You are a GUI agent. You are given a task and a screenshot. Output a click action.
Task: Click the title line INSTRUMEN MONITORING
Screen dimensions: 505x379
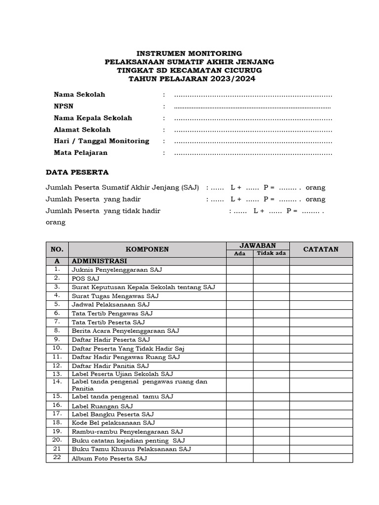click(x=189, y=53)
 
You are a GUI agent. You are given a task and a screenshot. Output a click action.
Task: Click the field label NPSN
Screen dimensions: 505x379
click(x=63, y=106)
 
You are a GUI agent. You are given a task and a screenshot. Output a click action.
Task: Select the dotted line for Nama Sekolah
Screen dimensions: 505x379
click(x=253, y=95)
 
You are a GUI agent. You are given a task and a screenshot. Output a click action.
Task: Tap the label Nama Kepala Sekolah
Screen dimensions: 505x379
click(x=93, y=118)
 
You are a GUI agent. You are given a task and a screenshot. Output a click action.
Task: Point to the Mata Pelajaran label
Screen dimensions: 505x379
click(x=80, y=152)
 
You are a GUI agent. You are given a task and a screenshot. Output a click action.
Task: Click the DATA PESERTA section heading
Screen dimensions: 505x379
click(x=77, y=172)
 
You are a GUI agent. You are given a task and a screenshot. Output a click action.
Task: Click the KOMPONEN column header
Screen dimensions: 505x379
click(x=147, y=250)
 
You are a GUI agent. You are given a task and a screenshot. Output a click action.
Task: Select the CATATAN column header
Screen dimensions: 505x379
click(x=321, y=250)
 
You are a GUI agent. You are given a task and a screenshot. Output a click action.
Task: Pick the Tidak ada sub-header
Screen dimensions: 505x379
click(x=271, y=253)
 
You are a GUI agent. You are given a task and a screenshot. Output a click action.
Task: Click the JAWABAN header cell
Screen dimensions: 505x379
click(x=258, y=246)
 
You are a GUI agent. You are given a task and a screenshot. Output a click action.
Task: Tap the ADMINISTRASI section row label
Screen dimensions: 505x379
click(x=99, y=261)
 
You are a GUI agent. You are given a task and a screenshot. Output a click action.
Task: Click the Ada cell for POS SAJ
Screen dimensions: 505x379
click(x=240, y=278)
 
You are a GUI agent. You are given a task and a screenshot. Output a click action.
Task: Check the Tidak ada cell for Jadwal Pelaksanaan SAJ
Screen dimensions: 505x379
click(x=271, y=304)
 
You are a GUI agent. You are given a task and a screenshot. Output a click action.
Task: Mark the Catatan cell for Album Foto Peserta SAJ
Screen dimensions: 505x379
click(x=321, y=458)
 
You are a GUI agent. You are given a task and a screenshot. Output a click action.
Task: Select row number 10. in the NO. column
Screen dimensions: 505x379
click(x=57, y=348)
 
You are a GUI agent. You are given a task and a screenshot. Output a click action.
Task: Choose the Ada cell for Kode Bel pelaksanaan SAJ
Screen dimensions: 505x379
click(x=240, y=423)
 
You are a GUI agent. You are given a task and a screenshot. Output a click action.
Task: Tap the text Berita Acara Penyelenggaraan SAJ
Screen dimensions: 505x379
click(x=125, y=330)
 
